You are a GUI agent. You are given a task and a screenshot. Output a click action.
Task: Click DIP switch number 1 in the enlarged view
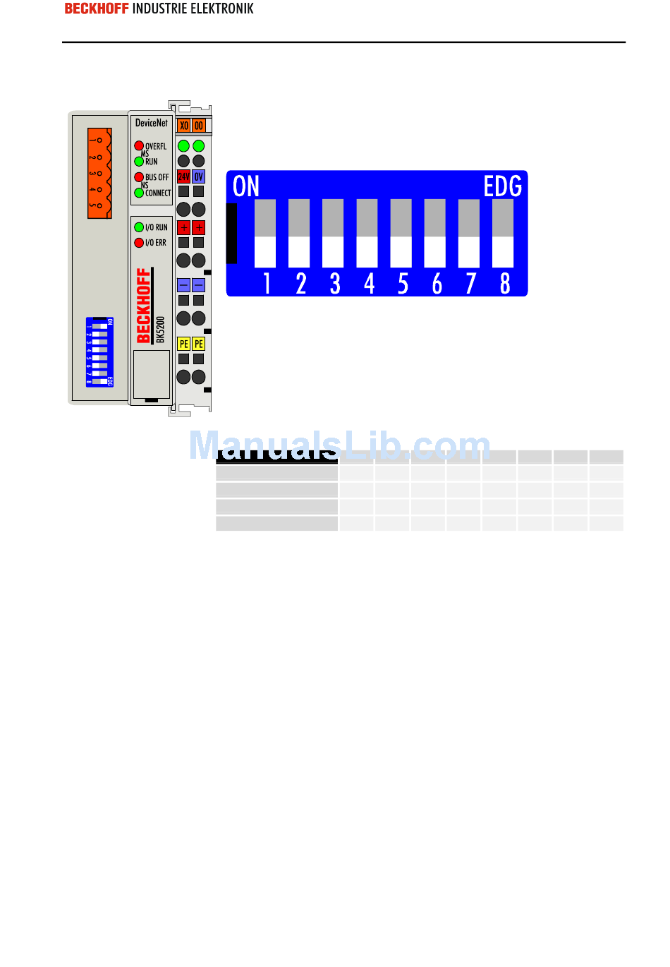pos(265,234)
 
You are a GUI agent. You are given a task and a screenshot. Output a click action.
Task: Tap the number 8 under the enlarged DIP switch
pos(505,283)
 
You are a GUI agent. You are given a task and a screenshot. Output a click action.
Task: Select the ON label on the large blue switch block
pos(246,186)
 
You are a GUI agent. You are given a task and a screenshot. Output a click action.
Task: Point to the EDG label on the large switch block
pos(502,186)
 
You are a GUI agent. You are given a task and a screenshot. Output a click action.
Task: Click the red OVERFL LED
pos(139,145)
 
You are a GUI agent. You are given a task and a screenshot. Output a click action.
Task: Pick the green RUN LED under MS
pos(139,162)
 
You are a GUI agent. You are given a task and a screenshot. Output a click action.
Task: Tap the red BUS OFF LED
pos(139,177)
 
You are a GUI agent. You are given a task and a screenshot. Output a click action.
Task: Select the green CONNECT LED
pos(139,193)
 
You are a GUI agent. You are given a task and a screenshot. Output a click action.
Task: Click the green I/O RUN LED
pos(139,227)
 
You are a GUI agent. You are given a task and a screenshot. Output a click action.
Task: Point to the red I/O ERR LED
pos(139,243)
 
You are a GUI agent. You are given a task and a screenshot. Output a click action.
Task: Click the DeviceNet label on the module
pos(152,123)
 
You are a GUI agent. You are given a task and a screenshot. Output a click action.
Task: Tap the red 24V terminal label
pos(183,176)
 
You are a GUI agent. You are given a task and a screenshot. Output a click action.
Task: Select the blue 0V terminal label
pos(199,176)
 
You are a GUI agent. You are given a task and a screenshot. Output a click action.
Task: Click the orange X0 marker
pos(183,126)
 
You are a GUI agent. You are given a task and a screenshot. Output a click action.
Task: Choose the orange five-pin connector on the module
pos(99,173)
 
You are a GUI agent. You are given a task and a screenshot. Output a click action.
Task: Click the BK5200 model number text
pos(161,329)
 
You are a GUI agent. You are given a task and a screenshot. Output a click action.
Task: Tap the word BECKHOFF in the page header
pos(97,9)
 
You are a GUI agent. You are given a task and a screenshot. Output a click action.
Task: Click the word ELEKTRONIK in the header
pos(222,9)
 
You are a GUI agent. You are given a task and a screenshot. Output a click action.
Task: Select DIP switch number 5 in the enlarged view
pos(401,234)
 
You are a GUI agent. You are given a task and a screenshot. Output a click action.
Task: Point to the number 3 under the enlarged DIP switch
pos(335,283)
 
